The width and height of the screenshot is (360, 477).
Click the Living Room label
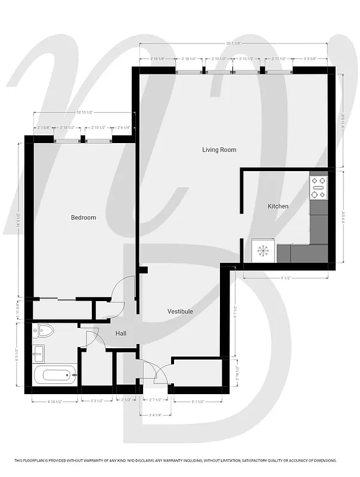(219, 150)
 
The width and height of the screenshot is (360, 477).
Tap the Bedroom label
(83, 218)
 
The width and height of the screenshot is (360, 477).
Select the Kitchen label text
(278, 206)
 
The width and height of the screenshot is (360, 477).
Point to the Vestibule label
(180, 311)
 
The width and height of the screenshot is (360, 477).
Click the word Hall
(121, 333)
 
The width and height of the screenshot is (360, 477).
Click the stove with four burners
(318, 187)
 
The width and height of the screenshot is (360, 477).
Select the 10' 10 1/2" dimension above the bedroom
(83, 113)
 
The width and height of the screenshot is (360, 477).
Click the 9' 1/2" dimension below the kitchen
(285, 277)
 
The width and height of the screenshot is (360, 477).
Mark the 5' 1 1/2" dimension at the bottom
(200, 401)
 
